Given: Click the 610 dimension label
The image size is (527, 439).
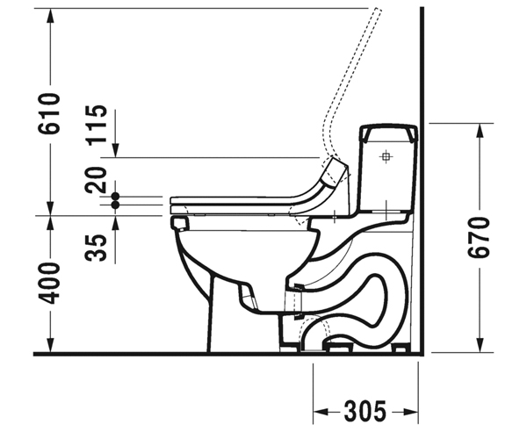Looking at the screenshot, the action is [x=50, y=113].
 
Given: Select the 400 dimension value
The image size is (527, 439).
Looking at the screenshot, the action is [x=50, y=283].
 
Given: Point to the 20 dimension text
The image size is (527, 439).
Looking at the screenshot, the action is [x=96, y=179].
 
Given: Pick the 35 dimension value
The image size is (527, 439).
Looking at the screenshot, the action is [x=96, y=248].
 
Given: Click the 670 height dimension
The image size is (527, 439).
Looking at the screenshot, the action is [x=479, y=238].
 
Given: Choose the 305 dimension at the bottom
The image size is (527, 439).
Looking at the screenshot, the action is [x=365, y=411].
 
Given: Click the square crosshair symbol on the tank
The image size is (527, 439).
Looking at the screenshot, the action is [x=386, y=156].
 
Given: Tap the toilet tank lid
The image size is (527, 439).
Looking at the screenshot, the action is [x=388, y=134].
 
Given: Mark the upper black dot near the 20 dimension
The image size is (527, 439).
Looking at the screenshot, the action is [x=115, y=197].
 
